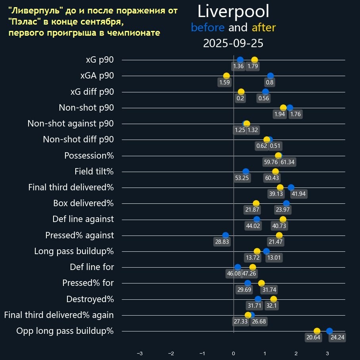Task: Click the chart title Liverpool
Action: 234,11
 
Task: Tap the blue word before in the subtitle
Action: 207,28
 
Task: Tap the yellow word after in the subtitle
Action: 264,28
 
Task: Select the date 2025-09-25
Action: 233,43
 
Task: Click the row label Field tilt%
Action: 94,172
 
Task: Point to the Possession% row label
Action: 89,156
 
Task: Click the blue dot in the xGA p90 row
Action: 270,76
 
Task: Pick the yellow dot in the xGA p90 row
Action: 226,76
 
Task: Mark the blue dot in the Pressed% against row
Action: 226,235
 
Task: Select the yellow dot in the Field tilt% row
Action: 276,172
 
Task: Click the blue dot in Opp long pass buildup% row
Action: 329,331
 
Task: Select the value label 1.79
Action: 253,67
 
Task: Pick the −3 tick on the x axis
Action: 140,353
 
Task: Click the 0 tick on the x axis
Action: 234,353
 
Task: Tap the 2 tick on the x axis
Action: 296,353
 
